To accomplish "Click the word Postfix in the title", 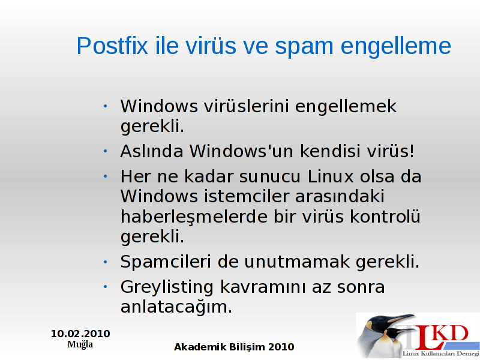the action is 112,46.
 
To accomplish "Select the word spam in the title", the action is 304,47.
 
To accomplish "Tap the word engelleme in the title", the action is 396,47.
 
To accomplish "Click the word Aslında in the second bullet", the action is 152,151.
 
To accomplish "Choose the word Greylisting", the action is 167,288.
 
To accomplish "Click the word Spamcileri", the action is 166,262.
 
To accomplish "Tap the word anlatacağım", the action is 176,307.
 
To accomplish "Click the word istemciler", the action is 247,196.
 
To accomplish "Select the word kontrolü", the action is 385,216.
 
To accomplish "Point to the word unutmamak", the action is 296,262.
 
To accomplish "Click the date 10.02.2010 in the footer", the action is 80,334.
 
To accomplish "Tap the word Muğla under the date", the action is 80,344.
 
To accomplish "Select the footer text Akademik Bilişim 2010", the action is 234,347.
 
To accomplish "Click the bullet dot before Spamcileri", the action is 106,262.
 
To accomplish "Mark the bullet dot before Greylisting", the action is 106,287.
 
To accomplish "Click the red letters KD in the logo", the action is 452,334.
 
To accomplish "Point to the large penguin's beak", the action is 401,318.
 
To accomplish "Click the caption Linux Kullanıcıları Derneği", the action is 441,354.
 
